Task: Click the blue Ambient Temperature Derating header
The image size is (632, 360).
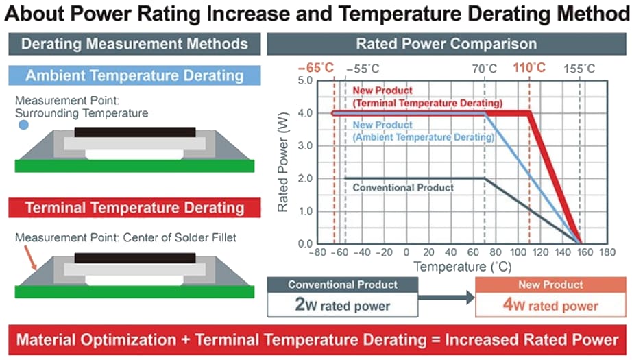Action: [134, 75]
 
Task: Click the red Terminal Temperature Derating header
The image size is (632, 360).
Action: [134, 207]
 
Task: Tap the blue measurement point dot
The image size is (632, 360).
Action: [24, 126]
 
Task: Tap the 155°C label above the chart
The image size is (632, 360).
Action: [579, 69]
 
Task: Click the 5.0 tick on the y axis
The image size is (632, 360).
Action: [304, 81]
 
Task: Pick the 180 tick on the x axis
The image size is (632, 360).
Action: [607, 252]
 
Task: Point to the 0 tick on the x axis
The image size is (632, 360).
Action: [406, 252]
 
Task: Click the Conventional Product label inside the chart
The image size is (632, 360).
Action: [403, 187]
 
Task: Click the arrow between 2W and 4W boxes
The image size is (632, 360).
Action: [446, 298]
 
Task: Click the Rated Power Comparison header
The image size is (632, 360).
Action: [446, 44]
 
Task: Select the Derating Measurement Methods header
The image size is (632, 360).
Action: [134, 44]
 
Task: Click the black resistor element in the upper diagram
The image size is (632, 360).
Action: [134, 131]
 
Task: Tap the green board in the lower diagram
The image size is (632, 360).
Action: [134, 291]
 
